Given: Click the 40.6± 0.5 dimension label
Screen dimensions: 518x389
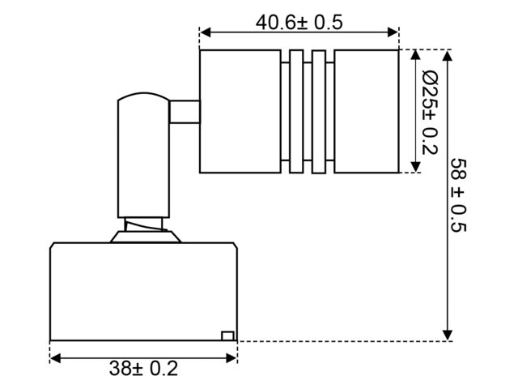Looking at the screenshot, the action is [299, 23].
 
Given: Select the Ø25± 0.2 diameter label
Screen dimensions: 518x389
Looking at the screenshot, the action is [430, 113].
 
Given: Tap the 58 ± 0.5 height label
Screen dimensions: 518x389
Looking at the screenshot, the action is [459, 195].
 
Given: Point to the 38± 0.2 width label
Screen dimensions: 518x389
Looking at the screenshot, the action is [144, 368].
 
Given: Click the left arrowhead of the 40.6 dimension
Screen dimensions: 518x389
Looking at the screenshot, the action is [206, 32].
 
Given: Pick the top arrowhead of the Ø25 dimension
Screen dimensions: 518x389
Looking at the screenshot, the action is [415, 56].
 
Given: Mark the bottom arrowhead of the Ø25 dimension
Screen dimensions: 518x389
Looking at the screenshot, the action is [415, 167].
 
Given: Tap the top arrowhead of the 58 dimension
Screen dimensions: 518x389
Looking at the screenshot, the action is [448, 56].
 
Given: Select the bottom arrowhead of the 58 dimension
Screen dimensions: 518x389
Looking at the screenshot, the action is [448, 335].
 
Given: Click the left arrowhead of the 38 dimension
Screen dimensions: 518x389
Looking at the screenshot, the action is [56, 358].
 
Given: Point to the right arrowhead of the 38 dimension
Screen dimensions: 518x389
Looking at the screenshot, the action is [231, 358].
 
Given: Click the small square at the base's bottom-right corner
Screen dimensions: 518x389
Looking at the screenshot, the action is [228, 336].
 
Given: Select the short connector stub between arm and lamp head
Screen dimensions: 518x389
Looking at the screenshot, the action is [185, 112].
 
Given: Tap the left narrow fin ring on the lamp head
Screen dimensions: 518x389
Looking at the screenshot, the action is [296, 112].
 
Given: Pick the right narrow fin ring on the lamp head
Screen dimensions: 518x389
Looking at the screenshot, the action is [319, 112].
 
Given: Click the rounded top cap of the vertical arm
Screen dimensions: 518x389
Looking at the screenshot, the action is [143, 95].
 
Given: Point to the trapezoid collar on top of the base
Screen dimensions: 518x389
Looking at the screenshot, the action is [146, 237].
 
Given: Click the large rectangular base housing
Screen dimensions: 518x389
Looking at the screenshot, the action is [144, 292].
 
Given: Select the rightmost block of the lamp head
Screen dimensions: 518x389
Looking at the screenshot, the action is [367, 112].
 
